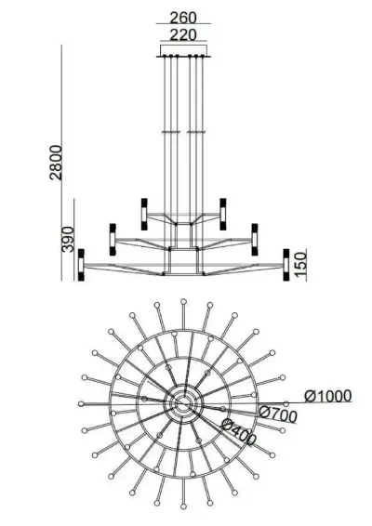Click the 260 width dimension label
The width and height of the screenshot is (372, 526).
tap(184, 16)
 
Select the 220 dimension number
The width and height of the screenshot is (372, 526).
tap(184, 34)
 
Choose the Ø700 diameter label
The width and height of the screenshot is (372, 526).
tap(277, 414)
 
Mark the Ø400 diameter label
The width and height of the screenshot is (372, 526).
tap(239, 429)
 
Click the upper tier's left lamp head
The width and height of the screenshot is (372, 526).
tap(144, 210)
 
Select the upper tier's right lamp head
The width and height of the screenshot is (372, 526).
tap(223, 210)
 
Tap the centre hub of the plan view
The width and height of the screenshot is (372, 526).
tap(183, 402)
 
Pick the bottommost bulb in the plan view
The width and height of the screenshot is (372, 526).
tap(183, 504)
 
